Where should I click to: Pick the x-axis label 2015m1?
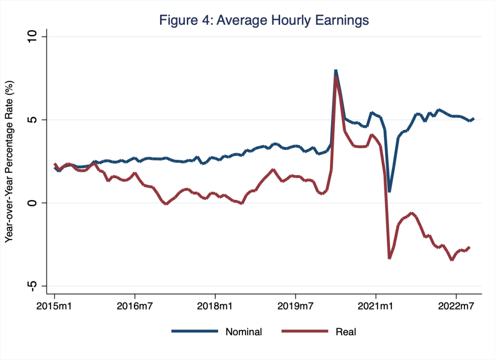[x=54, y=307]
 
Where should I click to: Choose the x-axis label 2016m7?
[x=135, y=307]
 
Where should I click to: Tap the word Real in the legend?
[x=345, y=332]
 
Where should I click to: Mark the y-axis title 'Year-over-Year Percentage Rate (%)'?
[x=9, y=162]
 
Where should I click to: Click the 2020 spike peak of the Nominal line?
[x=335, y=71]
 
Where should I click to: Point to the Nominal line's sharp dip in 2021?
[x=389, y=191]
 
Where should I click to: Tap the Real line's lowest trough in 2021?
[x=390, y=257]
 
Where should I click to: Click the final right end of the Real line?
[x=469, y=247]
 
